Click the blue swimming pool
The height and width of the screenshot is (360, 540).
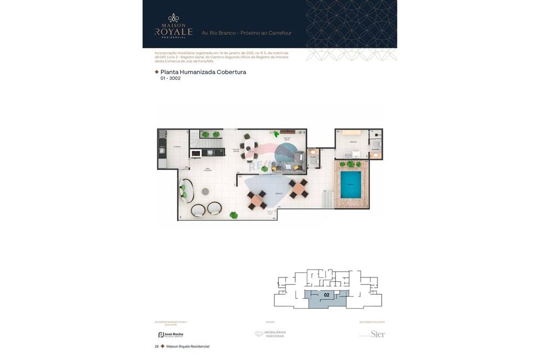pos(350,185)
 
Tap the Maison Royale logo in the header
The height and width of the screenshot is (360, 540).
pos(173,26)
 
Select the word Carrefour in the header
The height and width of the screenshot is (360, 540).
pos(278,33)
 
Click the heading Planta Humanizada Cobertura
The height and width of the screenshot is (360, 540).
pos(203,72)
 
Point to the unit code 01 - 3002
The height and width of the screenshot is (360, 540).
pos(170,78)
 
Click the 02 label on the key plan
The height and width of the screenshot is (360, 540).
pos(327,295)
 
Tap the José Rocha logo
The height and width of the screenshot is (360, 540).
pos(171,335)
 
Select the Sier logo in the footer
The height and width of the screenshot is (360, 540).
pos(377,334)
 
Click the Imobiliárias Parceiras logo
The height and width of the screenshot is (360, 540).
pos(271,334)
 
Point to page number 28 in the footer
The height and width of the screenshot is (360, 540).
pos(157,346)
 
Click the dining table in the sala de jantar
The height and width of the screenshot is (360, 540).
pos(248,147)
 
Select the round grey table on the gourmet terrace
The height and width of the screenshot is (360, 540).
pos(205,191)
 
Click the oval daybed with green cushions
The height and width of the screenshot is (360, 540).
pos(186,191)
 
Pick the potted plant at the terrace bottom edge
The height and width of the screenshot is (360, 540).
pos(233,215)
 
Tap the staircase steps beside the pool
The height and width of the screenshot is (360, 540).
pos(327,200)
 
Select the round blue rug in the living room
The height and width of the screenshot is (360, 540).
pos(284,153)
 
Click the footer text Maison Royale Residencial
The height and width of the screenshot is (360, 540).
pos(187,346)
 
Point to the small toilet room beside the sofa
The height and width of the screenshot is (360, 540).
pos(313,158)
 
